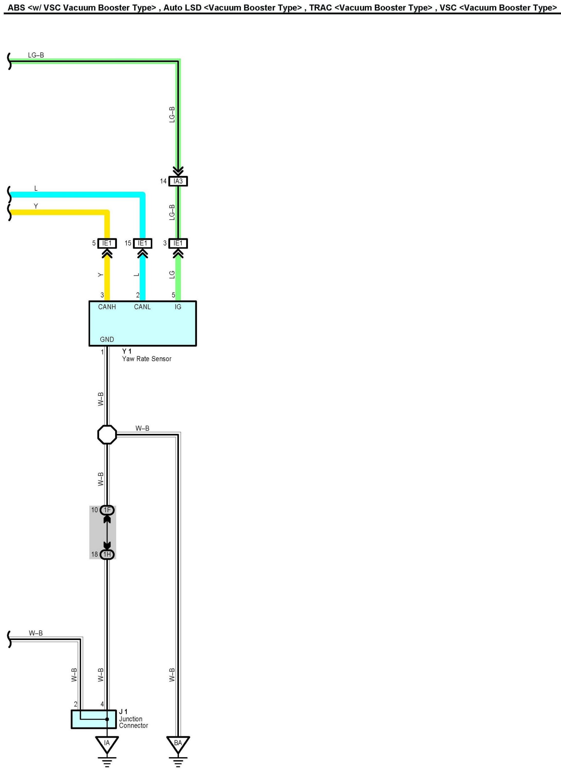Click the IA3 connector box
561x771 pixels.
click(x=178, y=181)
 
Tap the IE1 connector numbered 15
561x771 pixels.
click(x=142, y=243)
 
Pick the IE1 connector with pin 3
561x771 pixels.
click(x=178, y=243)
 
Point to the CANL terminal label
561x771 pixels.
click(x=142, y=307)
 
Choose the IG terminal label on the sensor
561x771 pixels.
click(x=178, y=307)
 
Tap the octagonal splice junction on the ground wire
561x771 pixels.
click(x=107, y=434)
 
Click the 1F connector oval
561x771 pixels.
click(x=107, y=510)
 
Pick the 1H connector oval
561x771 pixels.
click(x=107, y=554)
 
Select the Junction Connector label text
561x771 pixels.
click(x=133, y=722)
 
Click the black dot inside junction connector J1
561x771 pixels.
click(x=107, y=719)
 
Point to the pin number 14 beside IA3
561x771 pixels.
click(x=163, y=181)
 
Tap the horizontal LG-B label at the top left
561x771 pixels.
click(x=36, y=55)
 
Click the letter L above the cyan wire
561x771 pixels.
click(x=36, y=188)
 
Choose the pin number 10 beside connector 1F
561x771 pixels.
click(x=95, y=510)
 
